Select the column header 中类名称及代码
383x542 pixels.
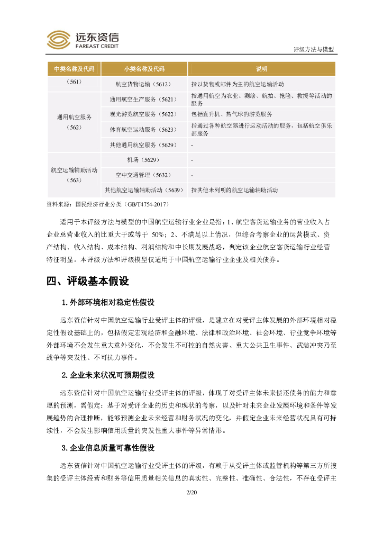74,69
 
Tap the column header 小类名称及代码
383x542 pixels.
144,69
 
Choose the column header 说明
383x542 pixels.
262,69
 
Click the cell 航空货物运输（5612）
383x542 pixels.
144,84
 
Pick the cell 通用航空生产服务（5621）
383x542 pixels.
144,99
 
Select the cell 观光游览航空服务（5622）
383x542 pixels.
144,114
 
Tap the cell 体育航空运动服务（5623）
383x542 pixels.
144,130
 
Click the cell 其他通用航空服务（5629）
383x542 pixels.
144,145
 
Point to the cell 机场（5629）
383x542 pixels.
144,160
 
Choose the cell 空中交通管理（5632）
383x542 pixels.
144,175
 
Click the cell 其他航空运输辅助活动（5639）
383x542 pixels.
144,190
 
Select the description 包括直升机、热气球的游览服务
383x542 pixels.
232,114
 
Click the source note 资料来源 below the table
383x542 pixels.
108,204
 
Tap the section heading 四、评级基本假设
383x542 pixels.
88,281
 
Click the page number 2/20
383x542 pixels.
191,493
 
